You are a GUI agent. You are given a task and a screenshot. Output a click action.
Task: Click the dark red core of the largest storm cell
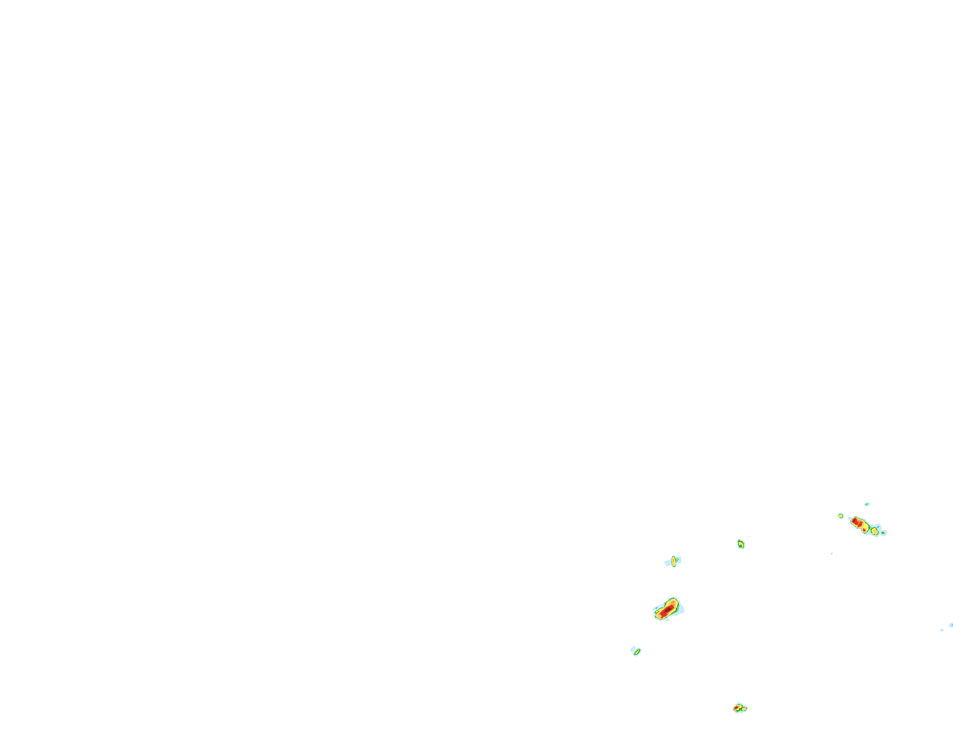click(x=668, y=610)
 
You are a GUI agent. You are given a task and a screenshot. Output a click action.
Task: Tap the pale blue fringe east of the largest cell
click(x=680, y=609)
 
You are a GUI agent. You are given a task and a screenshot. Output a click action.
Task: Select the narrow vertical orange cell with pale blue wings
click(x=674, y=561)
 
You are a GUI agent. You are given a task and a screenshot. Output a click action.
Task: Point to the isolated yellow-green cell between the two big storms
click(x=741, y=544)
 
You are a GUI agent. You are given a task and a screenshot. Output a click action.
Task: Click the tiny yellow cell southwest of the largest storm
click(x=637, y=652)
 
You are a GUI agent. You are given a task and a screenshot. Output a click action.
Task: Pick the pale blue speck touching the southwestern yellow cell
click(x=633, y=649)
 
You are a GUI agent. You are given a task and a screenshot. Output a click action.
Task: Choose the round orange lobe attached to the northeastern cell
click(x=875, y=531)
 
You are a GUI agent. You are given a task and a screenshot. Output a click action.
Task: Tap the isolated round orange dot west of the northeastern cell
click(x=841, y=516)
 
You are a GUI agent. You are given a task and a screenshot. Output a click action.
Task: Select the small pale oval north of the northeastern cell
click(x=867, y=504)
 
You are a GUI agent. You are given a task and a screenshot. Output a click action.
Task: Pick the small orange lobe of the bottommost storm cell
click(x=745, y=709)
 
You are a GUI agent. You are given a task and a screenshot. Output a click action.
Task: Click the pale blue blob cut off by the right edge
click(x=951, y=625)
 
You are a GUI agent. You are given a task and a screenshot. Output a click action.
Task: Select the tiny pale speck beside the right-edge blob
click(x=942, y=630)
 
